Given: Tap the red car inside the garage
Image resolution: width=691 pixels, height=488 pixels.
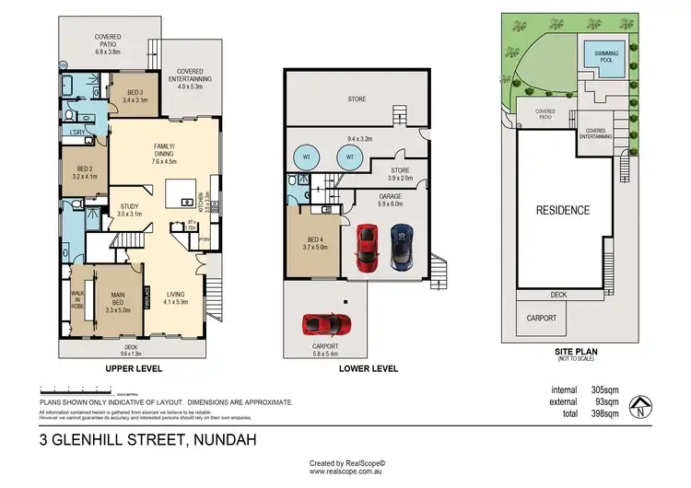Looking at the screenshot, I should pyautogui.click(x=367, y=249).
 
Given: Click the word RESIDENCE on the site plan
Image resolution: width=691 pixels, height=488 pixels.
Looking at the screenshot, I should pyautogui.click(x=563, y=210).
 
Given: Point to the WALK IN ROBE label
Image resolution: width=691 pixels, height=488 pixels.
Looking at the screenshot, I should pyautogui.click(x=76, y=299).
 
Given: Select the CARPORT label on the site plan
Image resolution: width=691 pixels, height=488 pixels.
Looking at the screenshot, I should pyautogui.click(x=542, y=318).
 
